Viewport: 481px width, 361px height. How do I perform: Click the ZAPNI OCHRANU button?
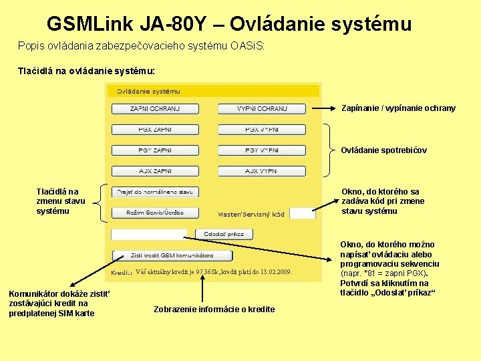click(x=154, y=108)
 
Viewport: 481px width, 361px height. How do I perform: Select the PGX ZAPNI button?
click(x=154, y=129)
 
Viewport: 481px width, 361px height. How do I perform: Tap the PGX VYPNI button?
click(x=261, y=129)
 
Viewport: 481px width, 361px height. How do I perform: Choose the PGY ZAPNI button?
click(x=154, y=150)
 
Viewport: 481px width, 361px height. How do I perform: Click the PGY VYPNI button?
click(x=261, y=150)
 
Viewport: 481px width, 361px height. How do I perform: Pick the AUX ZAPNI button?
click(x=154, y=171)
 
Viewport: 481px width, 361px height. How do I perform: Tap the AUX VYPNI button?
click(x=261, y=171)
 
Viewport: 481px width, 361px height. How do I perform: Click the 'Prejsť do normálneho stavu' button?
click(x=154, y=192)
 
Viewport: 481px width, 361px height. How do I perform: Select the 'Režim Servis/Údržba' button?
click(x=156, y=213)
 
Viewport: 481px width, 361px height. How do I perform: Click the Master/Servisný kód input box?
click(x=302, y=214)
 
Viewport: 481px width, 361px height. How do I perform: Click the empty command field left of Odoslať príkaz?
click(x=148, y=235)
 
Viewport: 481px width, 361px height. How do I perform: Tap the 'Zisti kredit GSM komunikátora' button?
click(x=171, y=255)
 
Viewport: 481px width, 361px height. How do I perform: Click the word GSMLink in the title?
click(x=90, y=24)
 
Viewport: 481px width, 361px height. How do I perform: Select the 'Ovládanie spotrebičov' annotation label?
click(x=383, y=150)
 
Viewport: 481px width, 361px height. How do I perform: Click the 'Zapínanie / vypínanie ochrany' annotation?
click(x=398, y=108)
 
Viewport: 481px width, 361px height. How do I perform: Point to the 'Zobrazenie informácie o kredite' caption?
click(x=214, y=309)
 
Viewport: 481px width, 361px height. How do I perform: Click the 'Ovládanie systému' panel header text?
click(x=148, y=91)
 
